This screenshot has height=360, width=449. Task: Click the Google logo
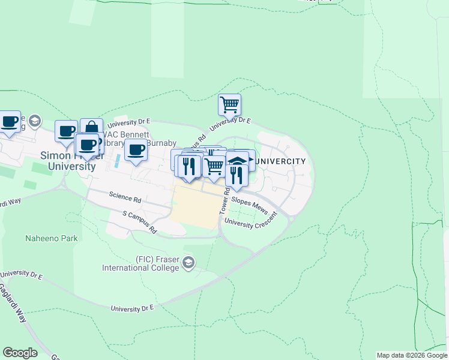tap(20, 353)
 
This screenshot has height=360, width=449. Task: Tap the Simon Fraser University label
tap(68, 161)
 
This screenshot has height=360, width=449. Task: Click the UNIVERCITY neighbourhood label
tap(280, 161)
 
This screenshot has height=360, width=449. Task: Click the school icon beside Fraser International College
tap(189, 262)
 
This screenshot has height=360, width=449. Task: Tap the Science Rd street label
tap(125, 196)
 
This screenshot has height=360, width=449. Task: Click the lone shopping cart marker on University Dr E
tap(229, 105)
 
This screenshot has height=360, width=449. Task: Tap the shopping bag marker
tap(91, 129)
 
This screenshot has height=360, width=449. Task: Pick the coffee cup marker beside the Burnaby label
tap(136, 149)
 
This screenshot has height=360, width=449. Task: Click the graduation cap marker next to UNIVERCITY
tap(238, 161)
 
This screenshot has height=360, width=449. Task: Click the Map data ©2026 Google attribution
tap(412, 355)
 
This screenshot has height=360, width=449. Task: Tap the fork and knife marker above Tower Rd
tap(237, 175)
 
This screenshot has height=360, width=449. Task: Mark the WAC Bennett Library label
tap(122, 139)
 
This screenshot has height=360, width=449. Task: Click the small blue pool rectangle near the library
tap(117, 161)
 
